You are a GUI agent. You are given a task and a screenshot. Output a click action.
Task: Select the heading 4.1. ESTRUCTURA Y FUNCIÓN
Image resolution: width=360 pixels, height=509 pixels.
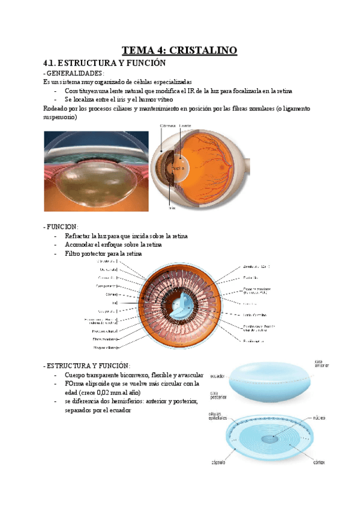click(x=104, y=63)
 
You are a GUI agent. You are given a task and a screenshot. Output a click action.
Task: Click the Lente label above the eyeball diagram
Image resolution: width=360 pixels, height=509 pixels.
click(x=185, y=125)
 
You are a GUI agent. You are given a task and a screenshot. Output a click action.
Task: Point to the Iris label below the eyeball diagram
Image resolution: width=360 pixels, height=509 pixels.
click(x=172, y=208)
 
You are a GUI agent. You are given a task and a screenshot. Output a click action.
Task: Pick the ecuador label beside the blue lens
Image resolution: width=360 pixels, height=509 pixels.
click(x=217, y=376)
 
